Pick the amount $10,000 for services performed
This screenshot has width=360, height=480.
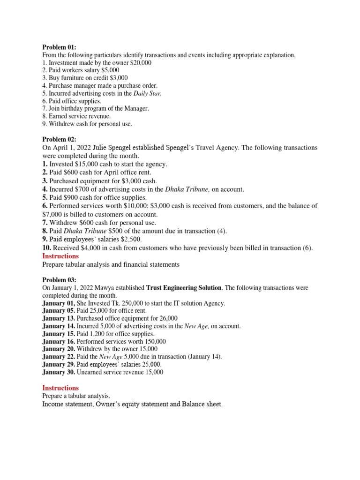click(x=132, y=206)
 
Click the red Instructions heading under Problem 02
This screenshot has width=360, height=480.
click(x=60, y=256)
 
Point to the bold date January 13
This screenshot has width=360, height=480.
click(x=58, y=318)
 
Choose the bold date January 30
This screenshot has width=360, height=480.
click(x=58, y=372)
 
